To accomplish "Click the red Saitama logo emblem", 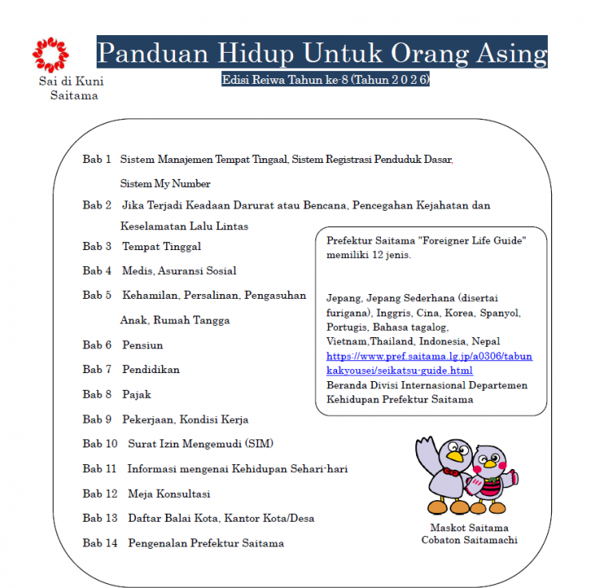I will (50, 54).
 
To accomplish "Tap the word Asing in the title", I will (507, 53).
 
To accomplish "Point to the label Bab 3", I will (97, 246).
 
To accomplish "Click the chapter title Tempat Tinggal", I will (161, 246).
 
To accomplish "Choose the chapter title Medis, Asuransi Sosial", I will (179, 271).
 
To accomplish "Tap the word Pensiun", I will (142, 345).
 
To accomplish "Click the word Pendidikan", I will (151, 370).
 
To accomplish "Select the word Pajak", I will (137, 395).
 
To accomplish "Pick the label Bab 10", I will (100, 443).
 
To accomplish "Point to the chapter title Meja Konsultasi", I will (169, 494).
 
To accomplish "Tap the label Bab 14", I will (100, 543).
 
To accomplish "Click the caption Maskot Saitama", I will (469, 528).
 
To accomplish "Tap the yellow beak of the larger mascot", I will (455, 457).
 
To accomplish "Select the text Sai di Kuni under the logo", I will (71, 81).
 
